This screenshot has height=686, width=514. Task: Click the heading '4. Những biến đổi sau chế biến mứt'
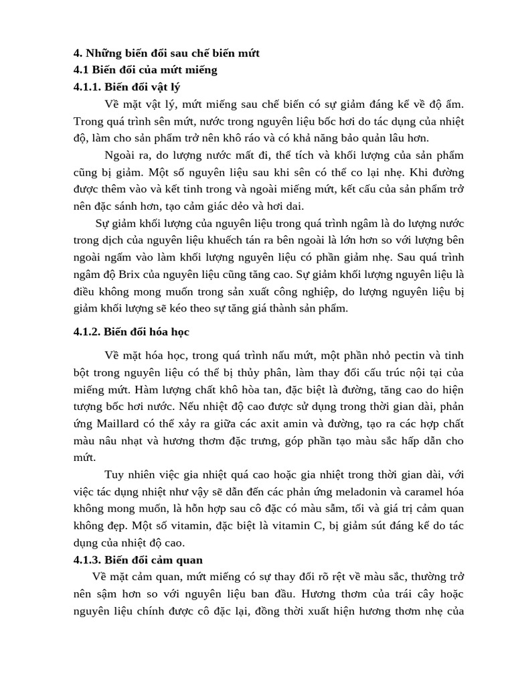[166, 53]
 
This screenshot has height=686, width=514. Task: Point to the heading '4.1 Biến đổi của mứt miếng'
[145, 70]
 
